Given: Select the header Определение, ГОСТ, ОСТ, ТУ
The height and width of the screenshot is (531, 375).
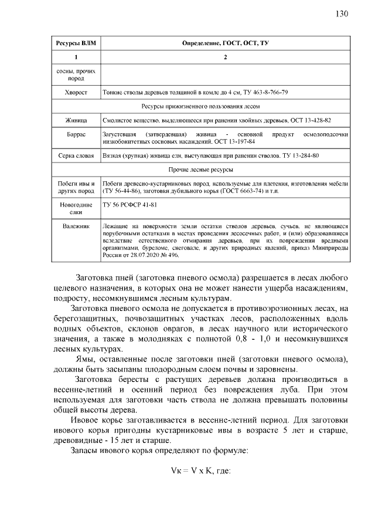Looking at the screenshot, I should tap(226, 44).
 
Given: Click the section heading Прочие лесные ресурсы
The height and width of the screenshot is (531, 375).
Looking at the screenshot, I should tap(226, 170).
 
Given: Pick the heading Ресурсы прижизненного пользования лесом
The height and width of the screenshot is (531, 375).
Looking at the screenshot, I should tap(226, 106).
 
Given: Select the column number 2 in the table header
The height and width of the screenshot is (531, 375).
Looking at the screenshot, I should tap(226, 58).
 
